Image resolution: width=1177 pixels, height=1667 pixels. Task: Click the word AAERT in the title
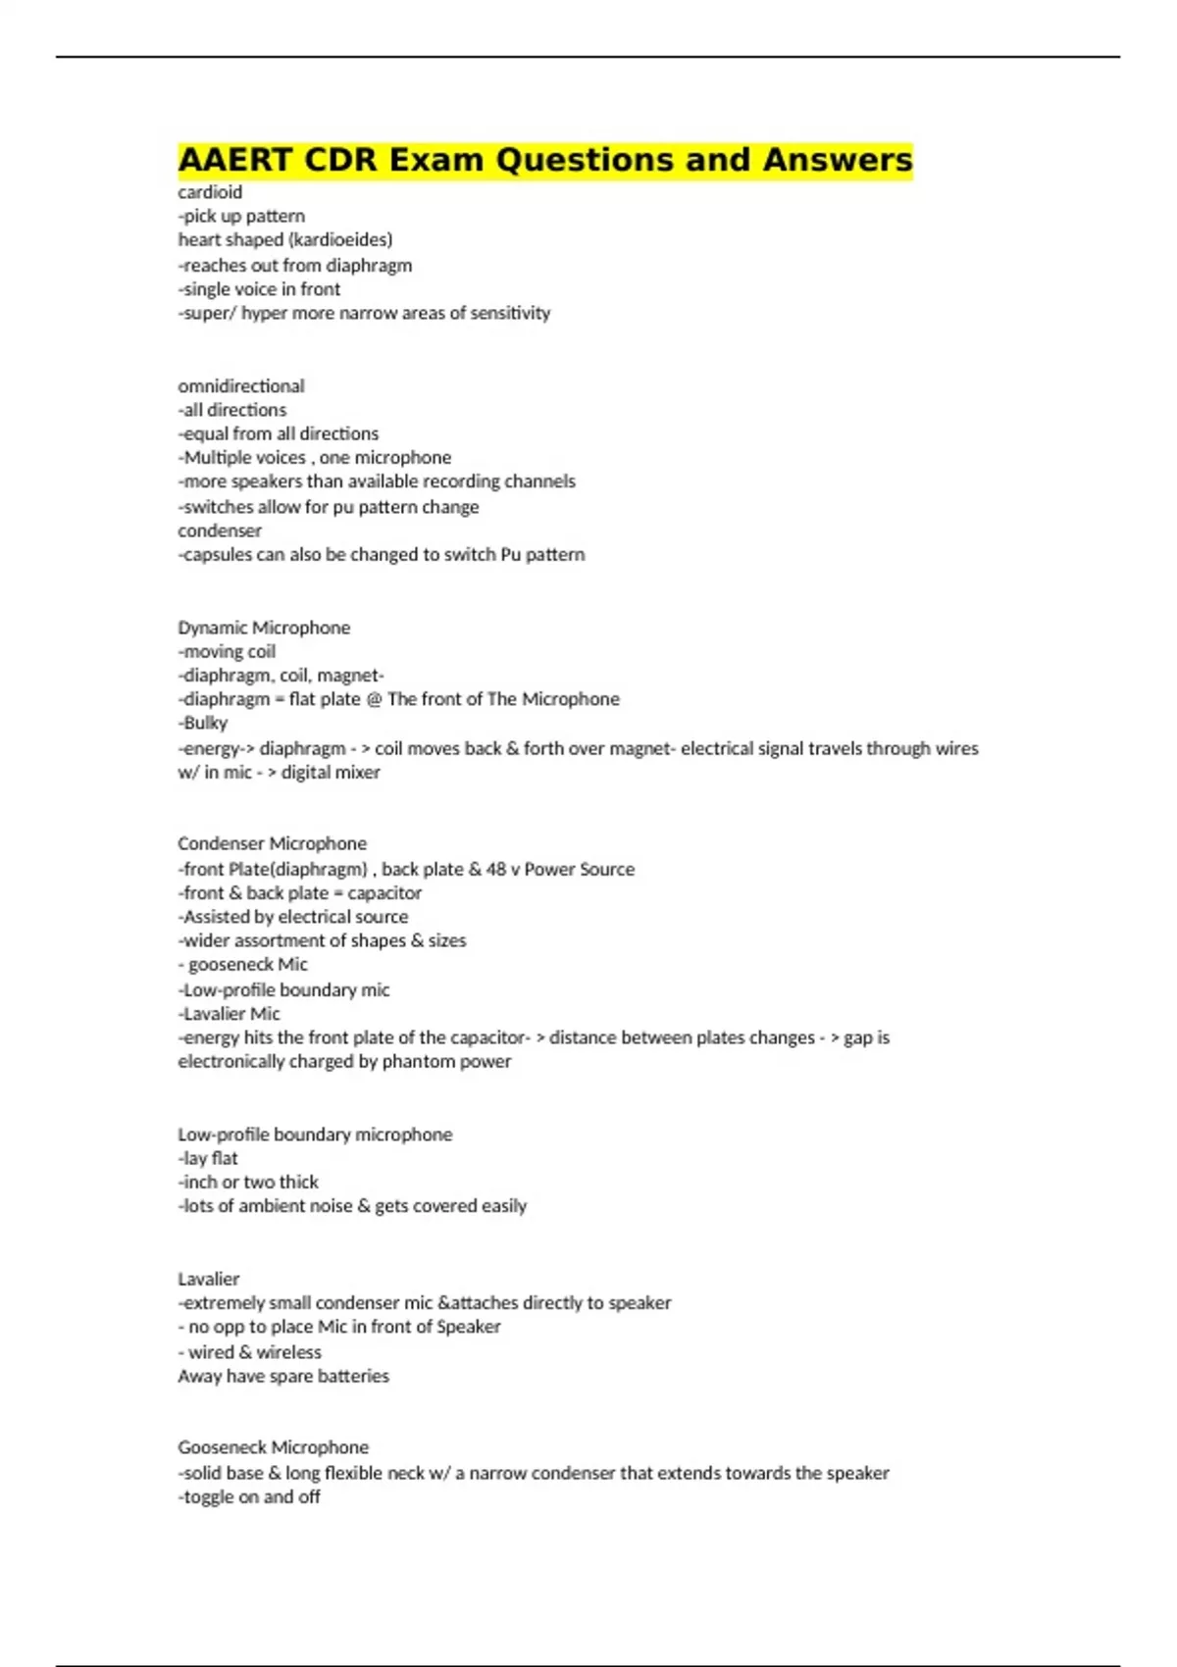coord(235,160)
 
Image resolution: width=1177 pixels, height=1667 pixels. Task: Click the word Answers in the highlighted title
coord(838,160)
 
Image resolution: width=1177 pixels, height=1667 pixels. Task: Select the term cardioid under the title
coord(210,192)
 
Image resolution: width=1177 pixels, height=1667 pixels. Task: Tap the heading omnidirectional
coord(241,386)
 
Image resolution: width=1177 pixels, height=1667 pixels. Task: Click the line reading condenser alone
coord(220,530)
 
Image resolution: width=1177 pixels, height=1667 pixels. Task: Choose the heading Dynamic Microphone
coord(264,628)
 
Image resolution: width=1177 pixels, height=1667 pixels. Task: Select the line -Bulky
coord(203,723)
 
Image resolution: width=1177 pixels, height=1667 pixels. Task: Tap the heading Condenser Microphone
coord(272,843)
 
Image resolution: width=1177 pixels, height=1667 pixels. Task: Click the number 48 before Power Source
coord(495,869)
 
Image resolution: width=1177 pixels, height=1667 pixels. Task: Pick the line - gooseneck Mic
coord(243,964)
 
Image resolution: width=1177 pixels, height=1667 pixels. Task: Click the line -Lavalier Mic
coord(230,1013)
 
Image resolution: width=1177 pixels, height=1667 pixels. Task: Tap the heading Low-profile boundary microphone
coord(315,1135)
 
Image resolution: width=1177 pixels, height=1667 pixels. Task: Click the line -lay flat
coord(208,1158)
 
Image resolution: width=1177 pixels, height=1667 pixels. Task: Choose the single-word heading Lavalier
coord(209,1279)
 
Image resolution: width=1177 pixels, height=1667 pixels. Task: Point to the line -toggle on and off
coord(249,1496)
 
